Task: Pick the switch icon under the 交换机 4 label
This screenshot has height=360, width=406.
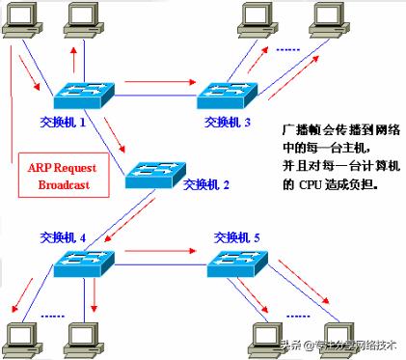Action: (x=83, y=262)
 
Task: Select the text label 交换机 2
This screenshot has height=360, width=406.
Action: (x=205, y=183)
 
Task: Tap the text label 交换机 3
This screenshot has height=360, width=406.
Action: (x=228, y=123)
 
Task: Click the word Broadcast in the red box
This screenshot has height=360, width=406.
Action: (x=57, y=182)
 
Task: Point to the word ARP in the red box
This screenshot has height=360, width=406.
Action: (x=40, y=165)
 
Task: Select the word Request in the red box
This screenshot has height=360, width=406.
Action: (x=71, y=165)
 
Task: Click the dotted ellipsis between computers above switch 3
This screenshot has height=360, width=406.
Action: (x=287, y=46)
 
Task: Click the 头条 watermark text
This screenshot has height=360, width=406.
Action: (x=288, y=346)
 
